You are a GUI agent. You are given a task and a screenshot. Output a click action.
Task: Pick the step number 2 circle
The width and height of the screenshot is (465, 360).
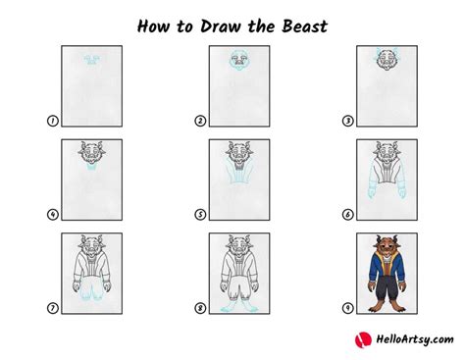tap(200, 122)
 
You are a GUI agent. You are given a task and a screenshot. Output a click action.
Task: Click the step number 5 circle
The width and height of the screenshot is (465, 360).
tap(200, 215)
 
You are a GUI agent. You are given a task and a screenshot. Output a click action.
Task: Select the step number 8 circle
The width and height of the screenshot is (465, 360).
tap(200, 308)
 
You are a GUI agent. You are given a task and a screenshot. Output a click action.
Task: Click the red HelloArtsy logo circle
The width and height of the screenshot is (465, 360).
tap(362, 339)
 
